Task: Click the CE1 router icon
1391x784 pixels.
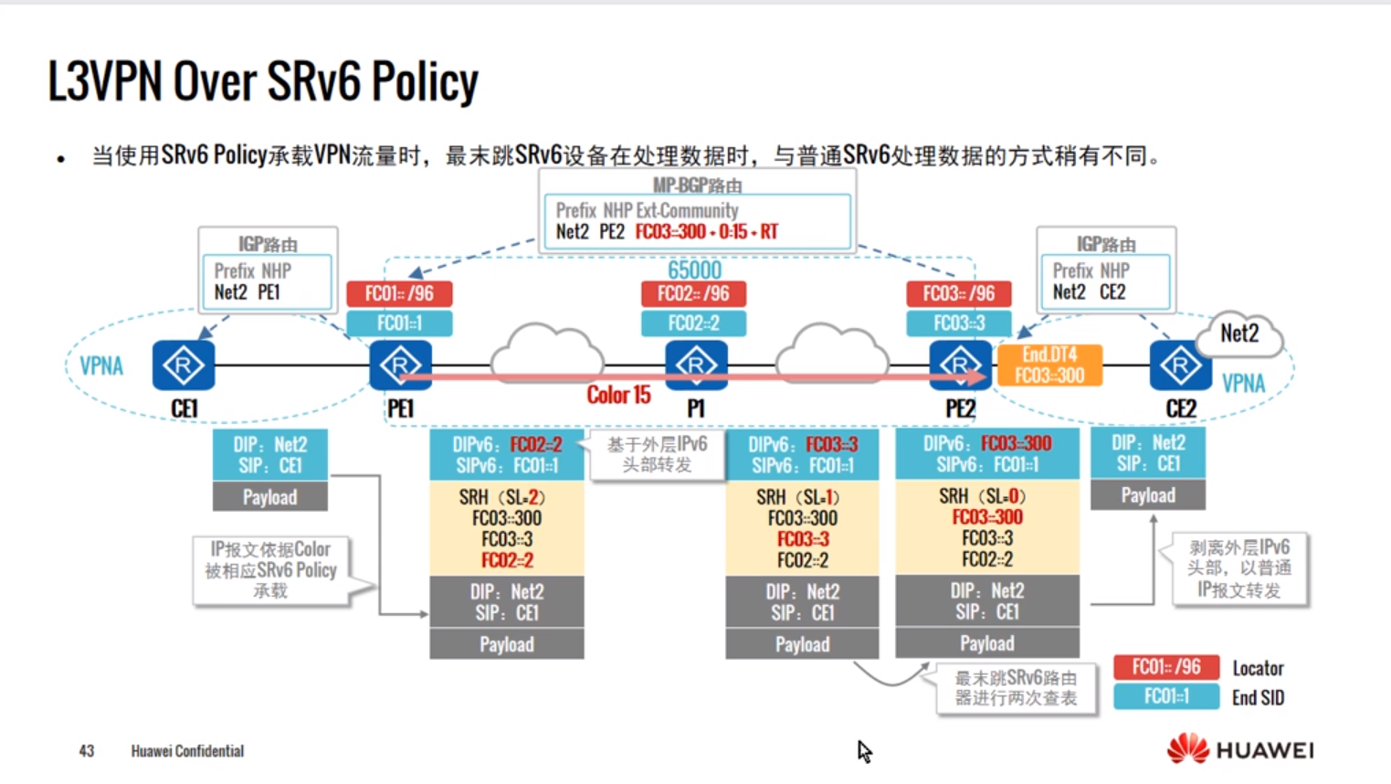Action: coord(184,366)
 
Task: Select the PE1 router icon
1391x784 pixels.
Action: coord(400,366)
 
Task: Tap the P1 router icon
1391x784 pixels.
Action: coord(696,366)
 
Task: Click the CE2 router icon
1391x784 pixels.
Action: coord(1180,366)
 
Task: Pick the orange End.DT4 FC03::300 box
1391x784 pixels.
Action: coord(1049,366)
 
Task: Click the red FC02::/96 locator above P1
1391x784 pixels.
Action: coord(693,293)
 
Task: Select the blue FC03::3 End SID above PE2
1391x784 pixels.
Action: coord(958,323)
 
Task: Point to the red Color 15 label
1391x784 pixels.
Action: coord(618,395)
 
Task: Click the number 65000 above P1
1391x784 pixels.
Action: coord(694,270)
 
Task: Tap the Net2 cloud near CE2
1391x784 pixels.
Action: coord(1239,334)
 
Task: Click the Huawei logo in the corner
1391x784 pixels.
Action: coord(1239,750)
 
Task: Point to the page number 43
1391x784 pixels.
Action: coord(87,751)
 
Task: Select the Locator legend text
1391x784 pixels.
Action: coord(1258,668)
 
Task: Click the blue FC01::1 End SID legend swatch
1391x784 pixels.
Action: coord(1166,697)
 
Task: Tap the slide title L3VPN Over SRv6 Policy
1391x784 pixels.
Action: coord(263,82)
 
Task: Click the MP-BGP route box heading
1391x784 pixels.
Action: coord(697,185)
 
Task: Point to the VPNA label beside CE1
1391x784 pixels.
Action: coord(101,366)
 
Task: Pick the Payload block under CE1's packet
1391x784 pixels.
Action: coord(269,497)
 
